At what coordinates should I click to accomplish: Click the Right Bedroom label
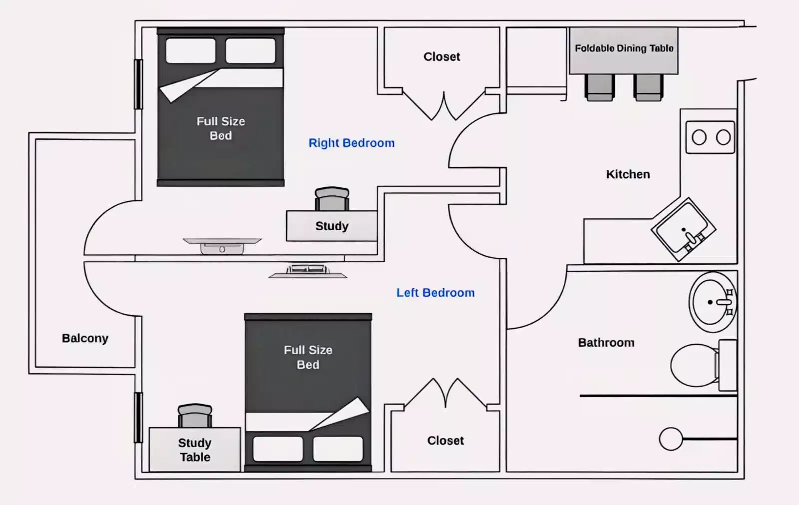(351, 143)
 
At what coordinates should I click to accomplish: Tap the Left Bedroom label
(435, 293)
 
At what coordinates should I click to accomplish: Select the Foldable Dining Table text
(624, 48)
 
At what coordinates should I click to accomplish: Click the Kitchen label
(628, 174)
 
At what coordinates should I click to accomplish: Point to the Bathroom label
(606, 343)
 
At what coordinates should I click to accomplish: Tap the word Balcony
(85, 338)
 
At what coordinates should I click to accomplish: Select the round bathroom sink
(711, 302)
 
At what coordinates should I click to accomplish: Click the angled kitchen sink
(683, 229)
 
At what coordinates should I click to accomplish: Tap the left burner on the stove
(699, 137)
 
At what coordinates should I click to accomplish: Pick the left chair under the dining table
(599, 87)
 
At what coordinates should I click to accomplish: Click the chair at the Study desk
(332, 199)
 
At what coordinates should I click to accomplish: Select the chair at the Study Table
(195, 416)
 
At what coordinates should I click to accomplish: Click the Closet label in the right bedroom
(441, 57)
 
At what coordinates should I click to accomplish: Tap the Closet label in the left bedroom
(445, 441)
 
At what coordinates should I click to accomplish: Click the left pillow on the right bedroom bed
(191, 50)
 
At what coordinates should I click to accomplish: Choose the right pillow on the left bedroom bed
(338, 449)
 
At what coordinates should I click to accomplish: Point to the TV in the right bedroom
(222, 245)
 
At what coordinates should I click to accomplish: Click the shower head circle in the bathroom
(671, 439)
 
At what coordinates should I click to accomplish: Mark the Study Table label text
(195, 450)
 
